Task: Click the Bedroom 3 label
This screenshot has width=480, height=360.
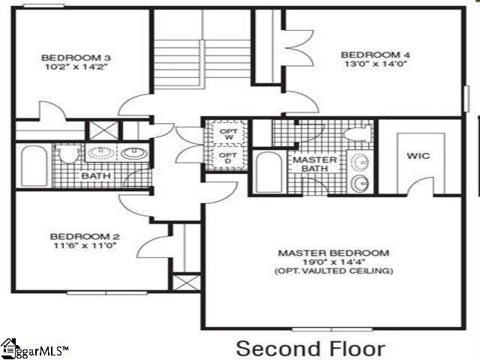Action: [x=65, y=58]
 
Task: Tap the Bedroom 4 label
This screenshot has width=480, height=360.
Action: [x=366, y=54]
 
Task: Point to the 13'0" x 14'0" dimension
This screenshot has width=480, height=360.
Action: [x=366, y=64]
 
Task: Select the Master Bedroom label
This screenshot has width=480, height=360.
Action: [x=333, y=253]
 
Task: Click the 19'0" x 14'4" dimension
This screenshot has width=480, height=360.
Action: [x=333, y=262]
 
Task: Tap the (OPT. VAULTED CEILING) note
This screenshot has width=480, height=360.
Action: [x=333, y=271]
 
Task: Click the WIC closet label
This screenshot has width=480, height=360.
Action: [x=418, y=157]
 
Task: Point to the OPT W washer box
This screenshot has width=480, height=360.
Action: [x=228, y=134]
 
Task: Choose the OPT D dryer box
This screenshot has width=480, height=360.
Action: [x=228, y=159]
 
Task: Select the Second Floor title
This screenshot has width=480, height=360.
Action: [x=310, y=348]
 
